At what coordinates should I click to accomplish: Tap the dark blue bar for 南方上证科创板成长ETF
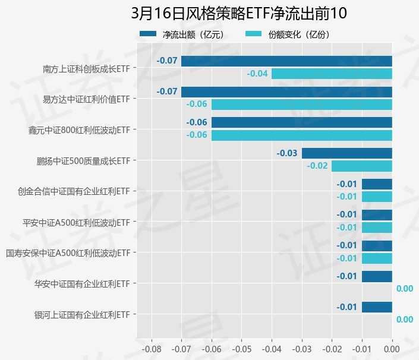[286, 61]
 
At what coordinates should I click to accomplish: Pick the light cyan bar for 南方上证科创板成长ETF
[332, 74]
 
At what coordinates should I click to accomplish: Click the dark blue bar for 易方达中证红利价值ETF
[286, 91]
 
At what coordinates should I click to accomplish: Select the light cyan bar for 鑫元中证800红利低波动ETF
[301, 135]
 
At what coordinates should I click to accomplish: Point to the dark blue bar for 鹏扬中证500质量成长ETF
[346, 153]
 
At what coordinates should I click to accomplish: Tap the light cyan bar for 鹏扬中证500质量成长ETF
[361, 166]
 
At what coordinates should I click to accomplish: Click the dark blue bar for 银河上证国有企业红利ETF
[377, 307]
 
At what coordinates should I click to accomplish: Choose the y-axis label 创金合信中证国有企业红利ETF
[74, 191]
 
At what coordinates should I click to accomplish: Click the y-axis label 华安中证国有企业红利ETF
[83, 284]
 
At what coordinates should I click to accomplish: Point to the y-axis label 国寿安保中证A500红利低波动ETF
[68, 253]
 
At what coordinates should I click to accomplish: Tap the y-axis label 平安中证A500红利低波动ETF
[76, 222]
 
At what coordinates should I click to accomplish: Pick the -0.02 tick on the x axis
[332, 348]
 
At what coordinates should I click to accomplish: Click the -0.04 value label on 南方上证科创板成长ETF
[257, 74]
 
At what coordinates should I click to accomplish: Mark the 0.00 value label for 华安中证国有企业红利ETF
[404, 289]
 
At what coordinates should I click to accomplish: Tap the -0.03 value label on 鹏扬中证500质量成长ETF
[287, 153]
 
